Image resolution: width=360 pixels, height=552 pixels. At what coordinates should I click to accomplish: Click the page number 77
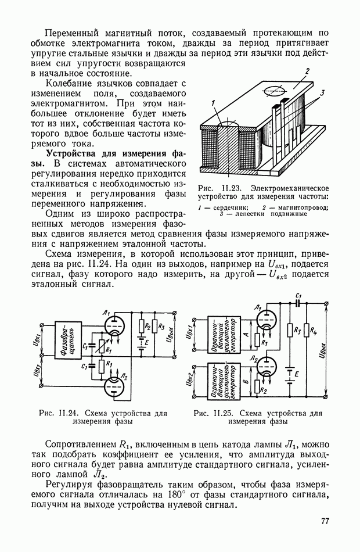(325, 521)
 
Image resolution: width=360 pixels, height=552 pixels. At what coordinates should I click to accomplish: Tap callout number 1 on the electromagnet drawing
(214, 102)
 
